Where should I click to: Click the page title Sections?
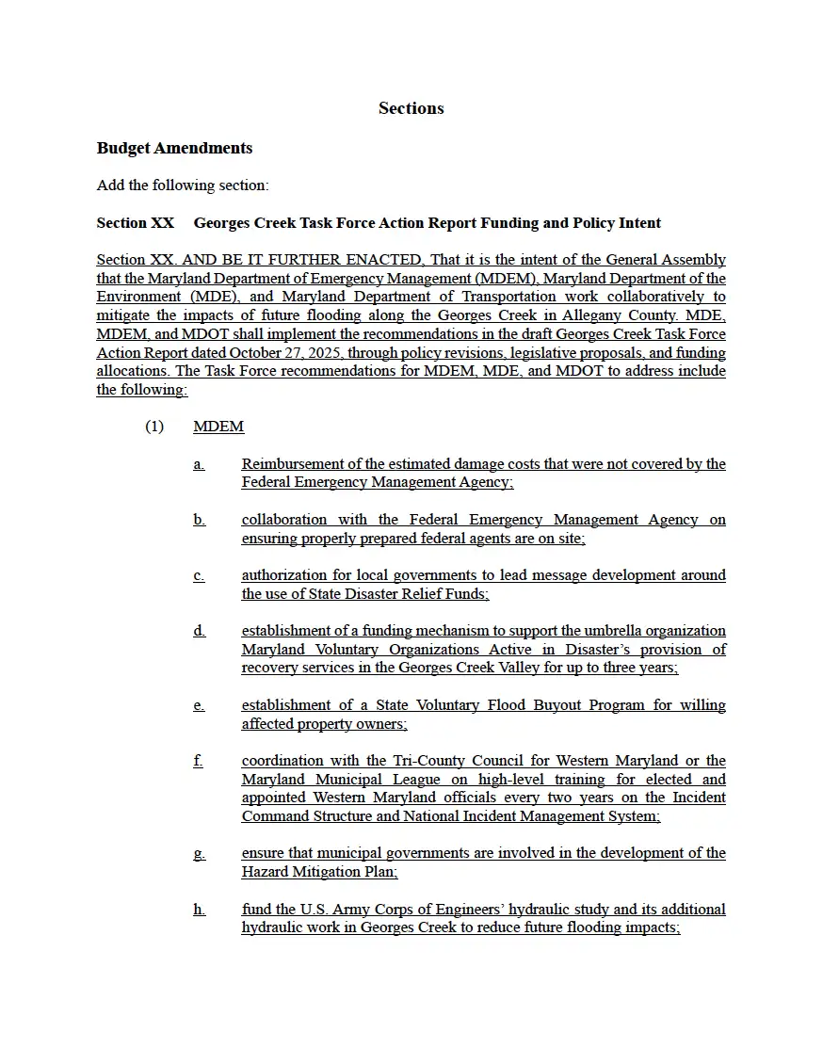pyautogui.click(x=411, y=108)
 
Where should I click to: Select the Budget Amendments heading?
pyautogui.click(x=174, y=148)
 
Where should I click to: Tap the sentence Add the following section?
pyautogui.click(x=183, y=185)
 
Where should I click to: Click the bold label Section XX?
pyautogui.click(x=135, y=223)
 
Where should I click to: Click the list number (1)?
pyautogui.click(x=154, y=427)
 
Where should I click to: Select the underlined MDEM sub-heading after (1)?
pyautogui.click(x=218, y=427)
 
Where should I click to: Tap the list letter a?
pyautogui.click(x=199, y=464)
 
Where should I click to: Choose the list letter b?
pyautogui.click(x=199, y=520)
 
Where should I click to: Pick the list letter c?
pyautogui.click(x=199, y=575)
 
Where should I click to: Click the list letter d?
pyautogui.click(x=199, y=631)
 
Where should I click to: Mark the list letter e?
pyautogui.click(x=199, y=705)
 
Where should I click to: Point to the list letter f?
pyautogui.click(x=198, y=761)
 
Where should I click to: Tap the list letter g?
pyautogui.click(x=199, y=854)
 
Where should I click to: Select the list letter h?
pyautogui.click(x=199, y=910)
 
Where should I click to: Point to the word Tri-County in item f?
pyautogui.click(x=427, y=761)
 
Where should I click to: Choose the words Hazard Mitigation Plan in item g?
pyautogui.click(x=319, y=872)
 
